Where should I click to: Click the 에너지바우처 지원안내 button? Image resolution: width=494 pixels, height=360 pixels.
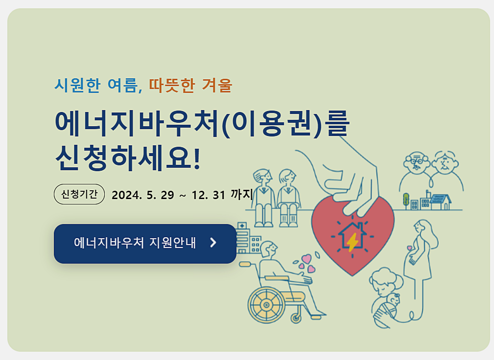tap(145, 244)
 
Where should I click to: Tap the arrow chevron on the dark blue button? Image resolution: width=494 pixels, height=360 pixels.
tap(213, 243)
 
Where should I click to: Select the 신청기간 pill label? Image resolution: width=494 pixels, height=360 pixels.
tap(79, 194)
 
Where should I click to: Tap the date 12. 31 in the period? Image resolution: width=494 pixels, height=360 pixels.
tap(209, 195)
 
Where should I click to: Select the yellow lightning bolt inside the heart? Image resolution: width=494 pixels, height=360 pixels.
tap(352, 241)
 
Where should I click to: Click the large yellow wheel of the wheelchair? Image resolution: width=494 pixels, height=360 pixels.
tap(267, 305)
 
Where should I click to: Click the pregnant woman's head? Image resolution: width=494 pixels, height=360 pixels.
tap(422, 227)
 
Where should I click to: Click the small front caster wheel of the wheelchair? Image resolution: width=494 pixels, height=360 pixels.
tap(296, 318)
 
